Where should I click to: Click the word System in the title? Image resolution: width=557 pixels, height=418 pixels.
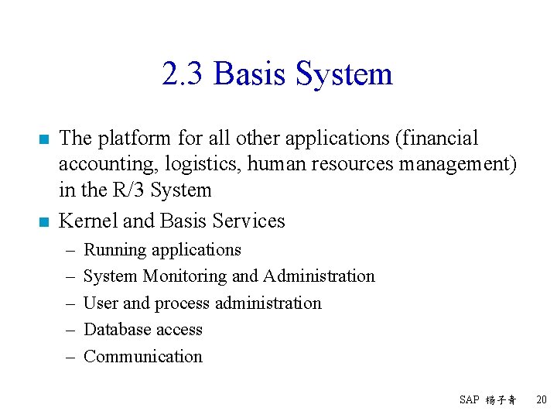coord(344,75)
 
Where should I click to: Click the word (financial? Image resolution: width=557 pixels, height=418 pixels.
coord(436,139)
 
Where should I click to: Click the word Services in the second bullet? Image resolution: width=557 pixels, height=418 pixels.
coord(248,221)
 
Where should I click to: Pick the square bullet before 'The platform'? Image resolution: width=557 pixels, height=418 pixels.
coord(43,139)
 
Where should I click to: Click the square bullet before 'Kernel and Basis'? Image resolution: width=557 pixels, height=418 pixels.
coord(43,222)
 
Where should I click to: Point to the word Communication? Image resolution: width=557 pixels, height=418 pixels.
coord(142,357)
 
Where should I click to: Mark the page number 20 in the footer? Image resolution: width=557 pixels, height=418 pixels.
coord(542,399)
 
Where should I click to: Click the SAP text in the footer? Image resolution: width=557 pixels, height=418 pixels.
coord(469,399)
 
